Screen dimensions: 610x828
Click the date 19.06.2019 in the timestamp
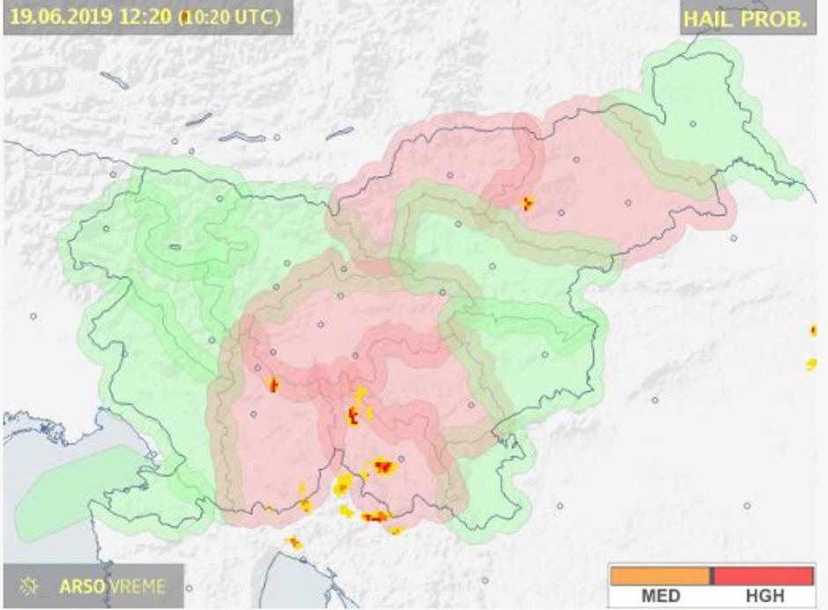(52, 17)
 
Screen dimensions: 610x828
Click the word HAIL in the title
(710, 18)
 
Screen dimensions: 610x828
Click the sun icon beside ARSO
(30, 585)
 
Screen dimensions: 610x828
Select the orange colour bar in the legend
(659, 575)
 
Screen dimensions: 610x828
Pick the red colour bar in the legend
(763, 575)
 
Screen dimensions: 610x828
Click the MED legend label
(661, 596)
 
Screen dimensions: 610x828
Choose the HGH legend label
(763, 596)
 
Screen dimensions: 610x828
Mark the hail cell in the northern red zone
(527, 203)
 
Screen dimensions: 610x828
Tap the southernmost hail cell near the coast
(293, 542)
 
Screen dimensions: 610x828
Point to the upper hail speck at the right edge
(814, 330)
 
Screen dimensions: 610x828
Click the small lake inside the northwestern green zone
(174, 247)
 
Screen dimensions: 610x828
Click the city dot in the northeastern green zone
(693, 124)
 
